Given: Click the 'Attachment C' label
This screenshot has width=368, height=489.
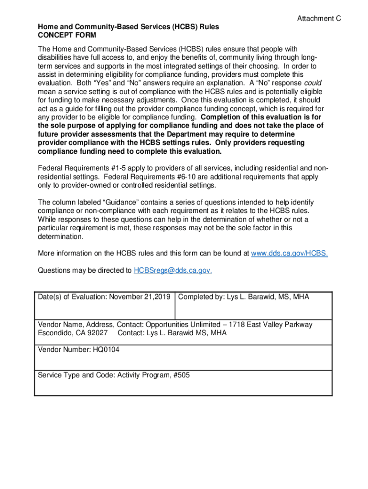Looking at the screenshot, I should click(x=319, y=19).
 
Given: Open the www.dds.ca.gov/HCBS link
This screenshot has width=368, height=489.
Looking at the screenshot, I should click(x=290, y=253).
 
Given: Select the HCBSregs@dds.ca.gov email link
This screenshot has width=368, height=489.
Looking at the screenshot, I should click(x=173, y=270).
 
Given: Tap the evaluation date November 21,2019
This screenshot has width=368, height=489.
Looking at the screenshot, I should click(x=140, y=297).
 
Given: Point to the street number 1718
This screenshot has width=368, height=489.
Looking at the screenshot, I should click(x=237, y=325).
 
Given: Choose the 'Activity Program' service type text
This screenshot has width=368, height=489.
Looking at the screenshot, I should click(x=142, y=375).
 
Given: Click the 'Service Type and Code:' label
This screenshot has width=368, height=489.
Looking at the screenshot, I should click(x=76, y=375).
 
